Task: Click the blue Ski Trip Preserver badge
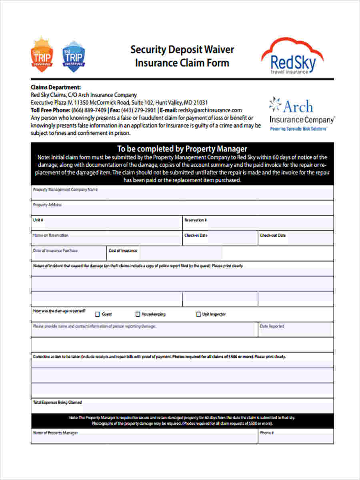[74, 56]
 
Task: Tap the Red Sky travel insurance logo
[292, 56]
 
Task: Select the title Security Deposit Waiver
[182, 50]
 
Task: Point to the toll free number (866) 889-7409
[89, 110]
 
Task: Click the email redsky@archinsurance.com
[210, 110]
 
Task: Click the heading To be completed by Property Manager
[182, 149]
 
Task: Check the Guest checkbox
[97, 314]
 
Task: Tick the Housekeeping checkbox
[138, 314]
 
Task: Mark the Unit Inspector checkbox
[198, 314]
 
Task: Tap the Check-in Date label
[196, 236]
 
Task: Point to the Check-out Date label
[273, 236]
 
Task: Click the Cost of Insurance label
[123, 251]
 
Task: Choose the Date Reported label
[272, 326]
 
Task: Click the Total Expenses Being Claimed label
[57, 402]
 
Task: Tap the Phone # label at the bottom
[267, 433]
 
